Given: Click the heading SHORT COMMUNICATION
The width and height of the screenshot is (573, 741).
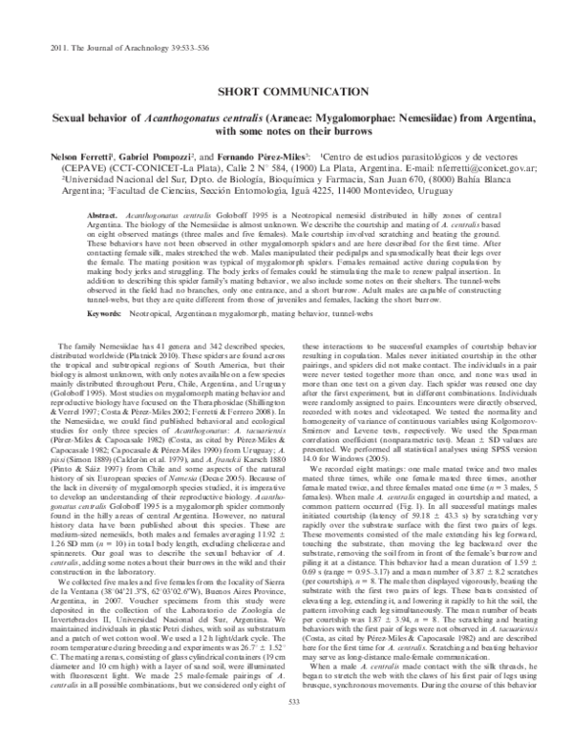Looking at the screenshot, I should [286, 97].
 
